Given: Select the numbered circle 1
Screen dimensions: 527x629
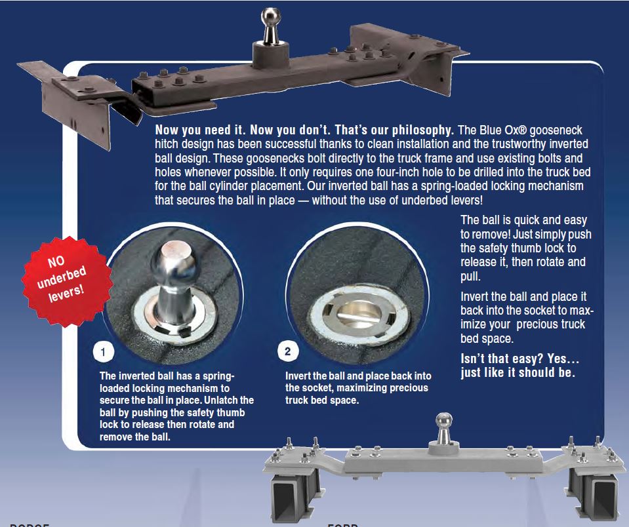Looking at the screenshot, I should (102, 352).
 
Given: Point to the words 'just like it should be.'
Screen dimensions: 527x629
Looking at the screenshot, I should (517, 373).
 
